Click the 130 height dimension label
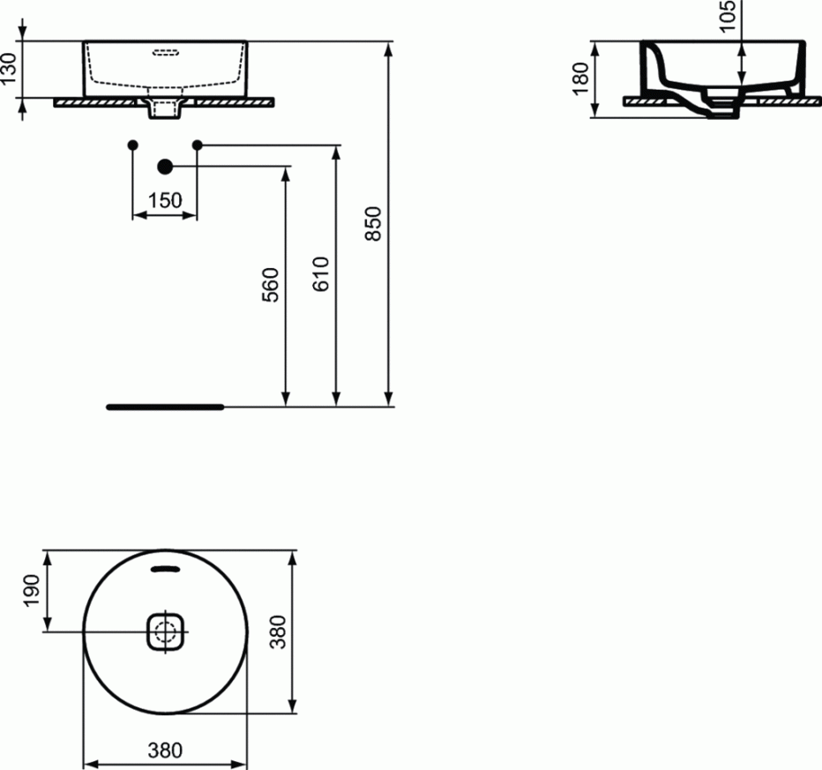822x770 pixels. tap(10, 70)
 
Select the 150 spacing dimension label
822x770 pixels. tap(165, 200)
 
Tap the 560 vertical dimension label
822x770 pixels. tap(272, 285)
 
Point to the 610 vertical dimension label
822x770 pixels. tap(321, 274)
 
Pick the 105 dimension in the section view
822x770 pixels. tap(727, 17)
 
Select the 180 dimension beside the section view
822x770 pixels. tap(579, 78)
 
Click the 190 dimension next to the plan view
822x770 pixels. tap(32, 589)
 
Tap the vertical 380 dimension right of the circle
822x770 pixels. tap(279, 632)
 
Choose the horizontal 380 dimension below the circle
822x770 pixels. tap(165, 751)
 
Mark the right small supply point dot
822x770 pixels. tap(197, 144)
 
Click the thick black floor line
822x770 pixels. tap(165, 407)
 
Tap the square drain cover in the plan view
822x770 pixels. tap(165, 632)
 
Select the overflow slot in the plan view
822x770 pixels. tap(165, 569)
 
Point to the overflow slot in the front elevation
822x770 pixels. tap(165, 52)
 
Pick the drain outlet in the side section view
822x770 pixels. tap(723, 112)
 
